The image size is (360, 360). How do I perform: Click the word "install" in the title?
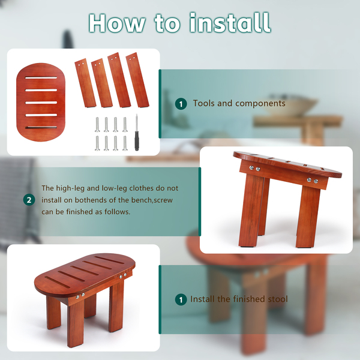click(230, 23)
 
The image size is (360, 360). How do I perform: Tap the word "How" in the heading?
click(117, 23)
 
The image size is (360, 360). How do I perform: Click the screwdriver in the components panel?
click(137, 133)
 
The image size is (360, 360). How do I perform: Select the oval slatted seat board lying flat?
click(41, 102)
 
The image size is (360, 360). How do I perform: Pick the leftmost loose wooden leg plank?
click(85, 83)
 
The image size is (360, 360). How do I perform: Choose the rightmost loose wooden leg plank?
click(137, 80)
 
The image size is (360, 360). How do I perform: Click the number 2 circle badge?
click(29, 200)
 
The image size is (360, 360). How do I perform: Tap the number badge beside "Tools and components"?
click(181, 104)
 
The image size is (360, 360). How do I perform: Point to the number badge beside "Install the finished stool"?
click(181, 299)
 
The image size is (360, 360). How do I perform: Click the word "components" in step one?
click(260, 104)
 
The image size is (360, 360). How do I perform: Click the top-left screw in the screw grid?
click(97, 124)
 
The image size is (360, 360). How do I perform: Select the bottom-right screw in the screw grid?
click(125, 143)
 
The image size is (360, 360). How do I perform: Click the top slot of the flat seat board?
click(41, 78)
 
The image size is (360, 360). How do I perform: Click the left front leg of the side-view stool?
click(251, 211)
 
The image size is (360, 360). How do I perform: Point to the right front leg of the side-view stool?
click(308, 217)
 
